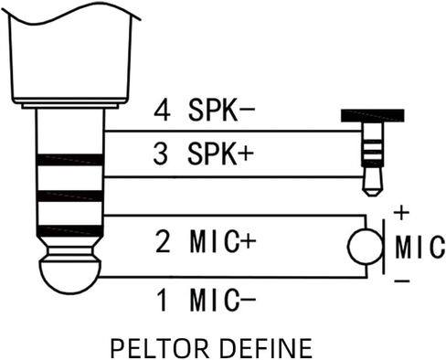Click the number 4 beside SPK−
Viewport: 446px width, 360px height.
162,111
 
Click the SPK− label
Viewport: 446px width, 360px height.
221,111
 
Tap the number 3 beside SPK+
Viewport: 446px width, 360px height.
161,154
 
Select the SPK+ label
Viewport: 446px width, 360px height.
220,154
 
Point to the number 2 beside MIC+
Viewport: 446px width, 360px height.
163,241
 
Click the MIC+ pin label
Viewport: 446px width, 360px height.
223,241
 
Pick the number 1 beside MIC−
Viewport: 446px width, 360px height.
163,300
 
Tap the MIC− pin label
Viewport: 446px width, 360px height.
223,300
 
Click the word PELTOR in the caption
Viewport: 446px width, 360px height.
159,348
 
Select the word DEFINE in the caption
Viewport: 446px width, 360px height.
266,348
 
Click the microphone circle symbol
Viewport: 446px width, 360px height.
366,246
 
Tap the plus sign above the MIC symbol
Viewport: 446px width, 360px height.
402,213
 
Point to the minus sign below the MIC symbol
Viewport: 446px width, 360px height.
402,281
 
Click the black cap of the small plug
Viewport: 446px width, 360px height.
373,116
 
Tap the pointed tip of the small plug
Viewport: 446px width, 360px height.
372,193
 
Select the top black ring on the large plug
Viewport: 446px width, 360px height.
69,160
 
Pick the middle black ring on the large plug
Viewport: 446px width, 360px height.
69,196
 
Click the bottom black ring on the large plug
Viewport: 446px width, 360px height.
69,231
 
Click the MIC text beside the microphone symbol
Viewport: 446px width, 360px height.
420,247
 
